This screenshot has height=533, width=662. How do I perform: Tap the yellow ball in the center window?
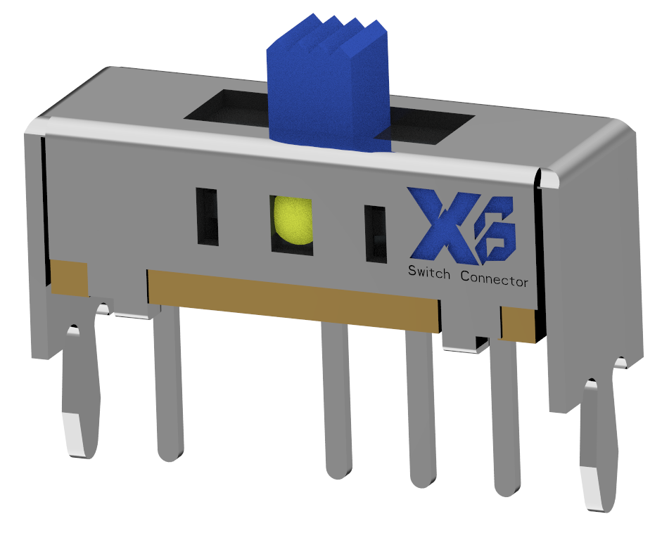293,221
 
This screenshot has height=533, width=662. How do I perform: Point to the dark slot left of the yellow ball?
208,217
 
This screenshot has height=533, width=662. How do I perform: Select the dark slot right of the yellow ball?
376,234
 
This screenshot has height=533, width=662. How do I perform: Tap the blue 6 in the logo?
495,230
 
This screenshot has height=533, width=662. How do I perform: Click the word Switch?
429,273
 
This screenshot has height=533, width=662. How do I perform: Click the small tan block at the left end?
69,278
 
